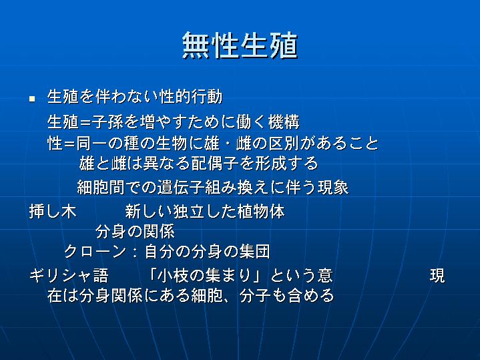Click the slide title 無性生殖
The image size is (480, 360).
pyautogui.click(x=240, y=45)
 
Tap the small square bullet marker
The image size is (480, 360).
pyautogui.click(x=32, y=99)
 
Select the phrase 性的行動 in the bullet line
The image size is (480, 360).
pyautogui.click(x=191, y=97)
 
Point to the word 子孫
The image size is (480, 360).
pyautogui.click(x=107, y=122)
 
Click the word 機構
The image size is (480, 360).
pyautogui.click(x=284, y=122)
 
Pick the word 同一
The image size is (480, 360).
pyautogui.click(x=91, y=143)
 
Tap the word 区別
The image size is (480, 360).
pyautogui.click(x=284, y=143)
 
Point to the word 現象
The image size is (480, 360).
pyautogui.click(x=333, y=187)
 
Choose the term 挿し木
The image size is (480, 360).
pyautogui.click(x=53, y=212)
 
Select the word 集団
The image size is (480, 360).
pyautogui.click(x=255, y=252)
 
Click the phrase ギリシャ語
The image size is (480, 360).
pyautogui.click(x=69, y=275)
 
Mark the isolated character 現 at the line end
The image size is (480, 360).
pyautogui.click(x=437, y=275)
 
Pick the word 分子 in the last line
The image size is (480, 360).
pyautogui.click(x=255, y=295)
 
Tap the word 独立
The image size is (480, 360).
pyautogui.click(x=189, y=212)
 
